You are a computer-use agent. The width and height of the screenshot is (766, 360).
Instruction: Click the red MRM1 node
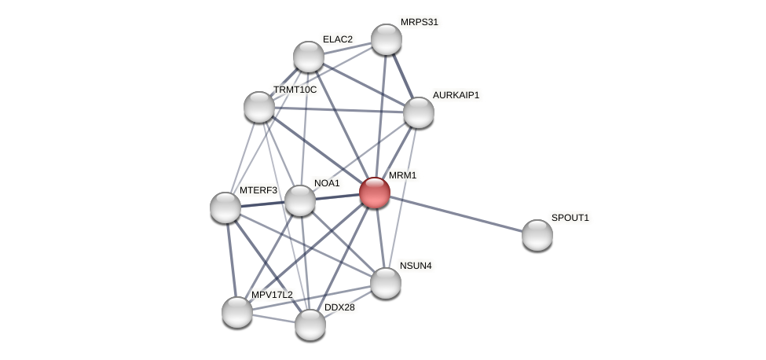coord(375,193)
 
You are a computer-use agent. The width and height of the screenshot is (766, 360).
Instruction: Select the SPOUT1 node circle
coord(537,235)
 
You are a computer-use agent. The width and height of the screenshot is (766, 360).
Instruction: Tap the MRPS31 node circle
coord(387,39)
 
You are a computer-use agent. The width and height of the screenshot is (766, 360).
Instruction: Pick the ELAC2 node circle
coord(309,57)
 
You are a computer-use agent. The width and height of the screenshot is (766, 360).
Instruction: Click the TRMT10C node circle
coord(259,107)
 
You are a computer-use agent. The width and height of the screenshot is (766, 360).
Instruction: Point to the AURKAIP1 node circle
coord(419,112)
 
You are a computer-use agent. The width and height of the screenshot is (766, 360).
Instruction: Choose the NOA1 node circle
coord(300,200)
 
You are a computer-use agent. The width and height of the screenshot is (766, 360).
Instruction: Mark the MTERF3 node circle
coord(225,208)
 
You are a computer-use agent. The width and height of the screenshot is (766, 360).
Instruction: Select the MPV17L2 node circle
coord(237,312)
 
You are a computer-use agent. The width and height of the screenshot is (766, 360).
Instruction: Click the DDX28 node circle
coord(310,325)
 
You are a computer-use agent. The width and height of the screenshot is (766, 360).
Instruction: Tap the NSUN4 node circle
coord(386,283)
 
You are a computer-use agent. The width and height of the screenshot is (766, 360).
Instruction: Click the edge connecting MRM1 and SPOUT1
coord(456,214)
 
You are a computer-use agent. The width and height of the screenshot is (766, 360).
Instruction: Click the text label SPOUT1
coord(570,218)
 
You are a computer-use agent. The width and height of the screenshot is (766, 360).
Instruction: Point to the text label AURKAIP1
coord(456,95)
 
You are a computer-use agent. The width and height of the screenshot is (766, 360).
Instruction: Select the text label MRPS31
coord(419,22)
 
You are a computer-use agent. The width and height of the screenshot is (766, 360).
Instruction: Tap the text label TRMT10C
coord(295,90)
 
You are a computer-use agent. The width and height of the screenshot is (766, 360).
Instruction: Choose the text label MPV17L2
coord(272,295)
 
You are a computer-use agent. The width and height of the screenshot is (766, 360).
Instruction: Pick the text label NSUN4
coord(416,266)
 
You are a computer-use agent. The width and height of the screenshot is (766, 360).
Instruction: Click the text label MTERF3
coord(258,190)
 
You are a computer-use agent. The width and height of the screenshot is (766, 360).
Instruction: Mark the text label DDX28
coord(339,307)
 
